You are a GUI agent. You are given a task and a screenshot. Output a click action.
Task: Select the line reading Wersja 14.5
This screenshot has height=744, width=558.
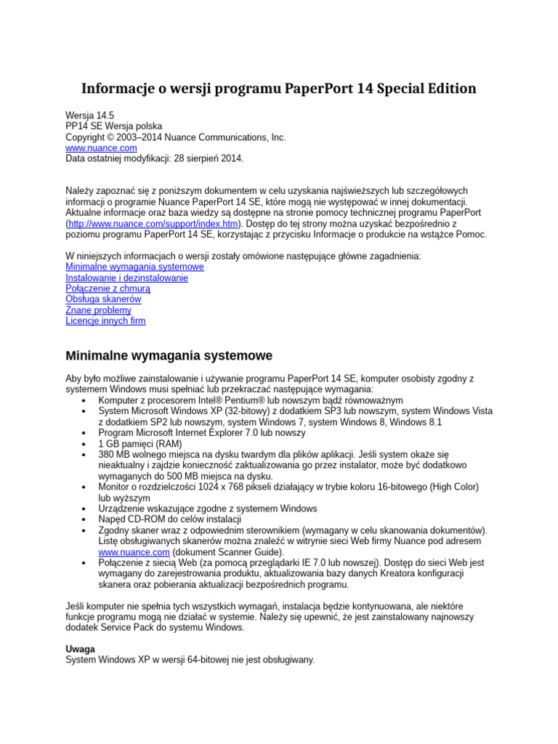point(90,116)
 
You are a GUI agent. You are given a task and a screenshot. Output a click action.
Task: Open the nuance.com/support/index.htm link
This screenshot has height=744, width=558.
point(154,225)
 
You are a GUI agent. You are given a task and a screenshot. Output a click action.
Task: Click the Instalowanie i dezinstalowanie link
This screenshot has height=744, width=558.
point(126,278)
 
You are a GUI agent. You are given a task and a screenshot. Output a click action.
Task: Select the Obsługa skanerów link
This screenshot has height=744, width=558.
point(103,299)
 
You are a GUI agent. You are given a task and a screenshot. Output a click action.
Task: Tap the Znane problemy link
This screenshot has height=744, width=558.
point(99,310)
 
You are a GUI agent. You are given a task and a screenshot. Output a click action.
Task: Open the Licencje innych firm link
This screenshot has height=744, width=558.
point(105,320)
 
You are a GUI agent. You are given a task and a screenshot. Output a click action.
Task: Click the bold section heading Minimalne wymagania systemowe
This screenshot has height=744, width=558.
point(169,356)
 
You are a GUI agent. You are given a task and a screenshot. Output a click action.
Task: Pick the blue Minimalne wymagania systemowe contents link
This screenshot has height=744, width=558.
point(134,267)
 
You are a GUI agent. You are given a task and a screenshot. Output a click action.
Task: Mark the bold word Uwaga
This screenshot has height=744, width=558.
point(81,649)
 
